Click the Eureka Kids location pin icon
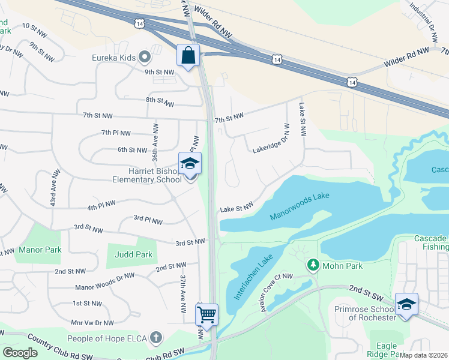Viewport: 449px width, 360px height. click(x=144, y=58)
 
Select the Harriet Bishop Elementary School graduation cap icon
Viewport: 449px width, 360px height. click(x=190, y=164)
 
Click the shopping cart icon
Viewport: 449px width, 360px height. click(x=206, y=314)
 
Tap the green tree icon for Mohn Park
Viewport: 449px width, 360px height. click(x=312, y=265)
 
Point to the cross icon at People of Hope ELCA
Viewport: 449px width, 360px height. click(x=156, y=337)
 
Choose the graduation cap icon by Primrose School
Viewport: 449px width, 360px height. click(x=406, y=304)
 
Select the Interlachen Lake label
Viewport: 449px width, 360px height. click(x=249, y=277)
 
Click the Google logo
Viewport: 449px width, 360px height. click(x=20, y=353)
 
